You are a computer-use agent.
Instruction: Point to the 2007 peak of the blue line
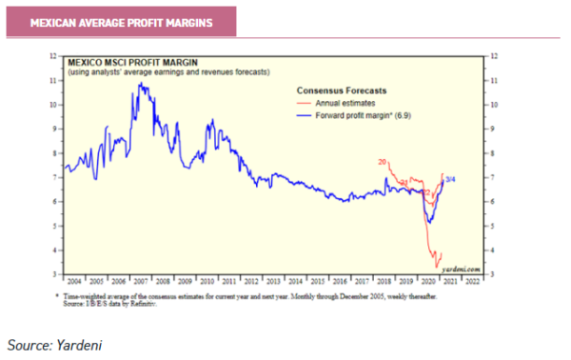tap(141, 84)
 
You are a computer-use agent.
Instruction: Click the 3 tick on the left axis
tap(55, 274)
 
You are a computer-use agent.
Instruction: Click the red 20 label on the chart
tap(383, 164)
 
